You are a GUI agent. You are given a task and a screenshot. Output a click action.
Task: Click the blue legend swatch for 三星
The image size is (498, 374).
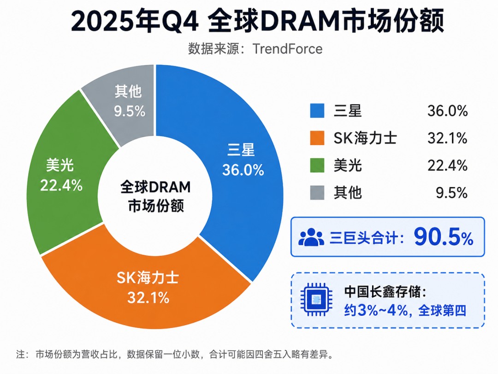pos(317,111)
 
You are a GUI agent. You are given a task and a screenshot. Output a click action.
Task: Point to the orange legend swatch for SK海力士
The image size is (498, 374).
pos(317,138)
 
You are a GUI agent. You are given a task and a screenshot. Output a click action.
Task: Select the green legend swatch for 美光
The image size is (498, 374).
pos(317,165)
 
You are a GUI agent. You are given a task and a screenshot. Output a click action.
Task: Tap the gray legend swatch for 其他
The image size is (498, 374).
pos(317,193)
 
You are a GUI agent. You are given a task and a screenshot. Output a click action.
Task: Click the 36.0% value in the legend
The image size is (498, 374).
pos(447,111)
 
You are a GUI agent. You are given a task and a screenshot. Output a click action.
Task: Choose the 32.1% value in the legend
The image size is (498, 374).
pos(447,139)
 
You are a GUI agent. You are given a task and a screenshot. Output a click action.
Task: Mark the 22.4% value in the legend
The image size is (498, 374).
pos(447,166)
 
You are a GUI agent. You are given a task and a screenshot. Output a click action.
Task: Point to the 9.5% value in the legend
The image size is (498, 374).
pos(451,193)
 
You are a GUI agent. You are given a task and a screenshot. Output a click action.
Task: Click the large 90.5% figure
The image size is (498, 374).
pos(444,237)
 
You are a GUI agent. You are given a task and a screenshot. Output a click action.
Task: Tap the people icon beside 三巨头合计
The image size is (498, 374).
pos(311,237)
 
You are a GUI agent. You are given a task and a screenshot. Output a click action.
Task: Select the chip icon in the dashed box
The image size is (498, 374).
pos(316,299)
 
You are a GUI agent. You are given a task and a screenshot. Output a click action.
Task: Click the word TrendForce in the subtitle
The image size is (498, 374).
pos(287,49)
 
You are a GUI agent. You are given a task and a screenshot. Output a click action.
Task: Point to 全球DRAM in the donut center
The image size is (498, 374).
pos(155,187)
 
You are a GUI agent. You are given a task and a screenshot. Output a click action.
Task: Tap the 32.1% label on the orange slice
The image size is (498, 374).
pos(148,298)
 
